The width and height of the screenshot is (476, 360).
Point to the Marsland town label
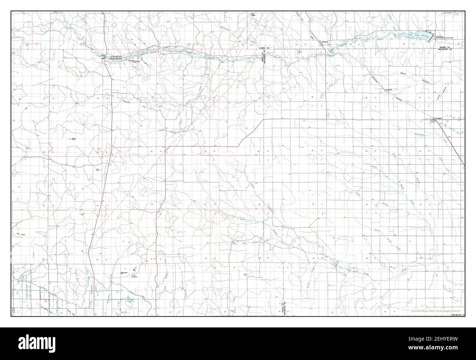[324, 41]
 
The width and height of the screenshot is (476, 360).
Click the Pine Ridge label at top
[252, 15]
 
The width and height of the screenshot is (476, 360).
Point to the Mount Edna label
[73, 139]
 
